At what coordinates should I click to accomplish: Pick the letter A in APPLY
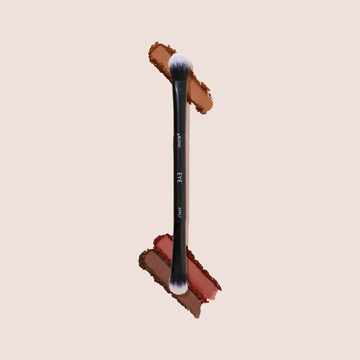click(x=179, y=206)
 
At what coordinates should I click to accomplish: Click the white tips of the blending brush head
click(x=179, y=61)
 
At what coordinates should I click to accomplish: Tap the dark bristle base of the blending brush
click(x=179, y=73)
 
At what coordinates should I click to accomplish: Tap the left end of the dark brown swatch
click(x=143, y=258)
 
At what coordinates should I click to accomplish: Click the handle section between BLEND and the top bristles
click(x=179, y=108)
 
